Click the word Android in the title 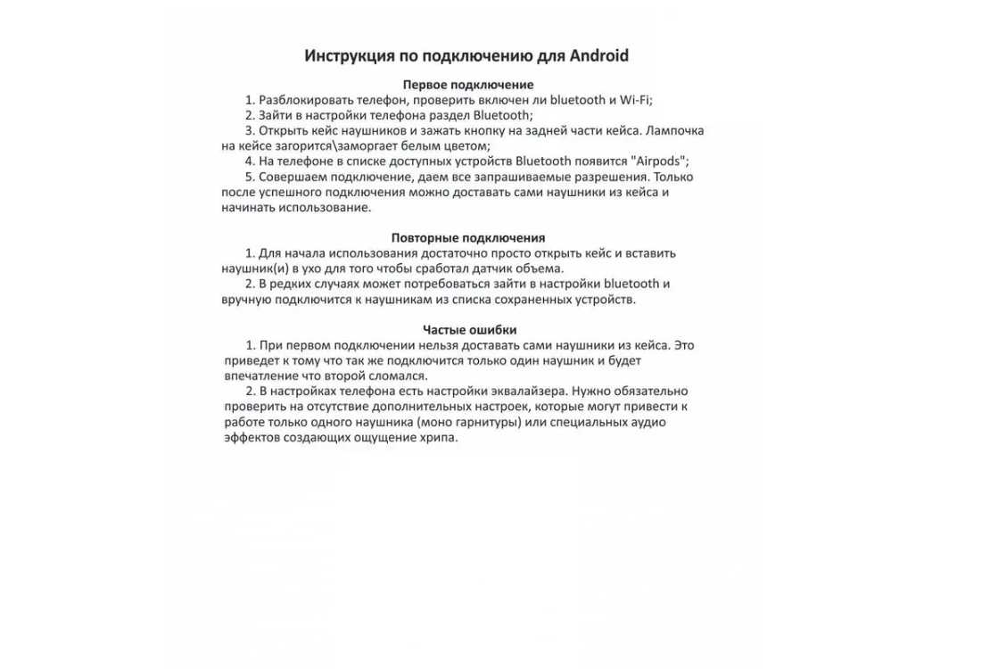[x=595, y=56]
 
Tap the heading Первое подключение [x=468, y=85]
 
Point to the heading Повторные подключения [x=468, y=237]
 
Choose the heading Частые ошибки [x=469, y=329]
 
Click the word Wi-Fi [x=636, y=100]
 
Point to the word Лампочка [x=674, y=130]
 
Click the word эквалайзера [x=527, y=391]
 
